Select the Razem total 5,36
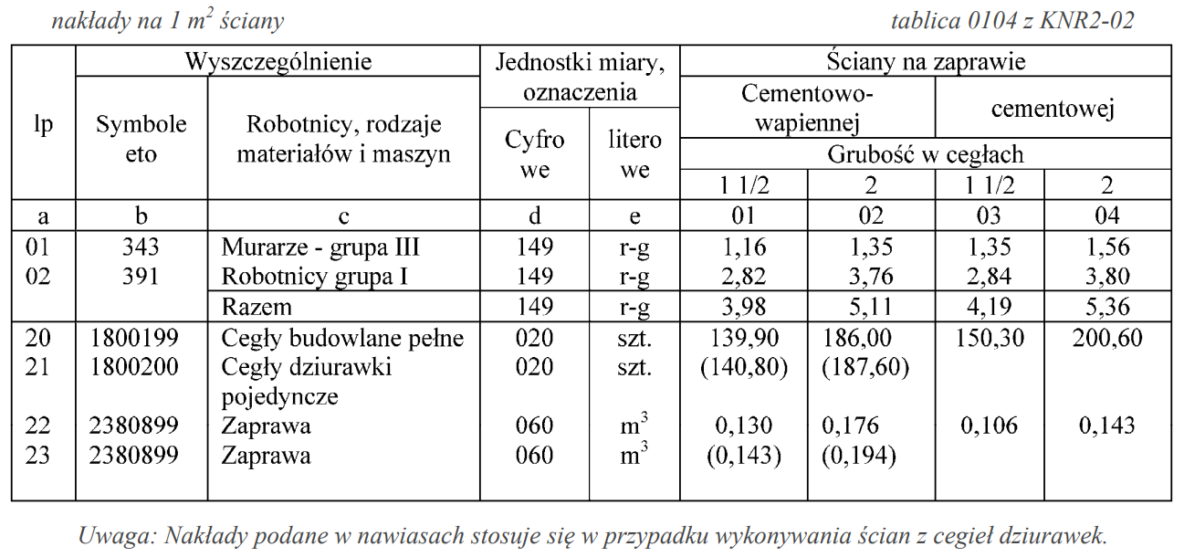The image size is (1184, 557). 1107,307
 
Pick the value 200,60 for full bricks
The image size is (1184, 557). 1107,339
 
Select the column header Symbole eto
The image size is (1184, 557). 141,139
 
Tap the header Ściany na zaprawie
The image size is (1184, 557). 925,62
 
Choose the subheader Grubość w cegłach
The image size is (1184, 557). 925,154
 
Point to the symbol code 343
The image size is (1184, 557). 141,247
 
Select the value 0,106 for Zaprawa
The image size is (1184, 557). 989,426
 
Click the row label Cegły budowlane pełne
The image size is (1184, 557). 342,339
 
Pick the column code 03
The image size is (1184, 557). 989,216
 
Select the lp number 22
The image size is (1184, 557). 38,426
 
